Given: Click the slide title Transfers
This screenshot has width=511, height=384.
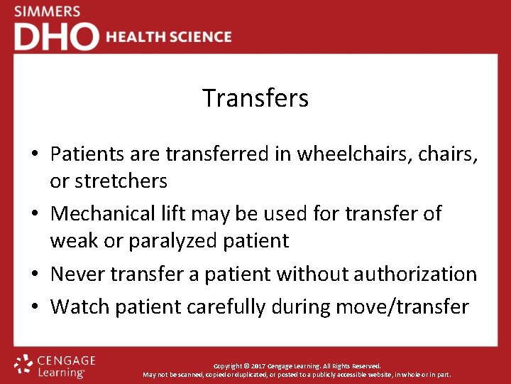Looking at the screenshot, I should coord(255,98).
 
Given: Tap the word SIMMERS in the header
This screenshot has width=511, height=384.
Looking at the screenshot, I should coord(47,12).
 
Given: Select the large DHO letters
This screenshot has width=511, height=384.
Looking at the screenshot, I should coord(56,37).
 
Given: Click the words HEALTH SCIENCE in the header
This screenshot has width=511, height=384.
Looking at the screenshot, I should coord(169,37).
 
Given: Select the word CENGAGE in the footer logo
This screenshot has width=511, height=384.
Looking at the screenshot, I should coord(65,361).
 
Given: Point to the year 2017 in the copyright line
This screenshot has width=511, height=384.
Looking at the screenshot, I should coord(258,366).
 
